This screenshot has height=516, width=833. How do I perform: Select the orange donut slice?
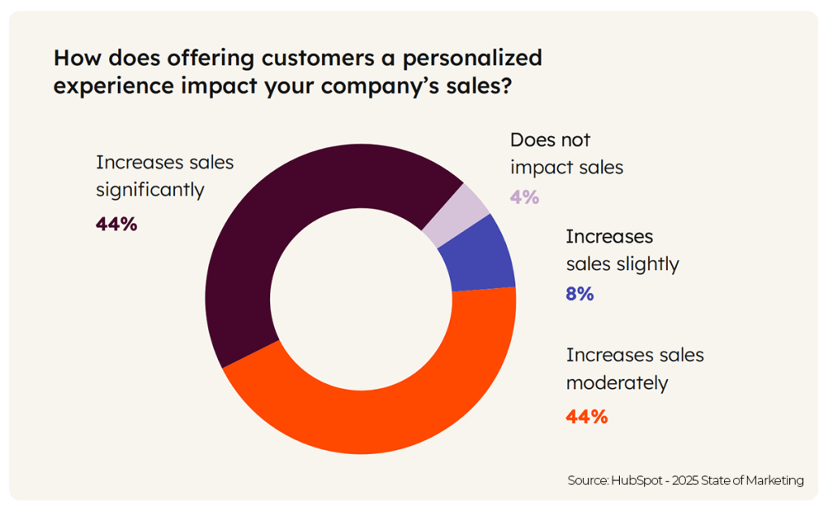[x=382, y=407]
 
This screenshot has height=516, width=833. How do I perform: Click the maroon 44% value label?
[x=116, y=224]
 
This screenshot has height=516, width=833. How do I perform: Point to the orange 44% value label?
[x=587, y=417]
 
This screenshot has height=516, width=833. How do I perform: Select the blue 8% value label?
[x=579, y=295]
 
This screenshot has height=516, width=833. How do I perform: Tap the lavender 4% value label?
[x=525, y=197]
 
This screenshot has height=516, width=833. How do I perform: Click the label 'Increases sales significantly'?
[x=164, y=176]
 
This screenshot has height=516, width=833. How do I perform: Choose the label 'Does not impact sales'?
[x=566, y=154]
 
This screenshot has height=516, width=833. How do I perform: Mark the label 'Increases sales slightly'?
[x=621, y=250]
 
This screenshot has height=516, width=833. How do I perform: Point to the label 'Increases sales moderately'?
[x=635, y=369]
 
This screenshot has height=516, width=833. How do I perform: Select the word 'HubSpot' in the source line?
[x=638, y=480]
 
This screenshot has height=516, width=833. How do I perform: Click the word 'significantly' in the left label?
[x=150, y=190]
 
